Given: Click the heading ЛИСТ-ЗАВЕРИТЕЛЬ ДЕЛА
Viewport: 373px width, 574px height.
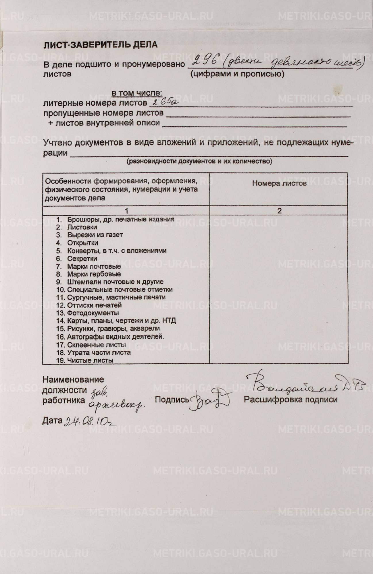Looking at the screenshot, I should point(100,45).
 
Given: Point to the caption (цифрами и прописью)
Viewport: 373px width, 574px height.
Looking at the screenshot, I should point(237,74).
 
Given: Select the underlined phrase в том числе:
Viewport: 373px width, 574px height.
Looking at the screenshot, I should point(137,93).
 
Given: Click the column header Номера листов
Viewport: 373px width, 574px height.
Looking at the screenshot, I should point(279,183).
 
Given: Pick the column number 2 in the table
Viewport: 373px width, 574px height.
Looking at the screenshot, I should point(279,211).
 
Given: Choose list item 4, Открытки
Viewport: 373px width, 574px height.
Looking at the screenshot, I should point(82,243).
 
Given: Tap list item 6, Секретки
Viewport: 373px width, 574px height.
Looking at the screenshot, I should point(82,259).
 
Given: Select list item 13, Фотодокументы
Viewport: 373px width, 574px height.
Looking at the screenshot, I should point(93,313).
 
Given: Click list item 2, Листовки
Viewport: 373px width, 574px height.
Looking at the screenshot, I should point(82,227).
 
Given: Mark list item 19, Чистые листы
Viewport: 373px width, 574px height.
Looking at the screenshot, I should point(90,360).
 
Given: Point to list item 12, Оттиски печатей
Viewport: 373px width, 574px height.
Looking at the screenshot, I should point(94,305).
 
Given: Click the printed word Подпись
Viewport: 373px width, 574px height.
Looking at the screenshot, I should point(172,400).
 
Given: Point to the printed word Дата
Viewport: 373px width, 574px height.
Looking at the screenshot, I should point(52,420).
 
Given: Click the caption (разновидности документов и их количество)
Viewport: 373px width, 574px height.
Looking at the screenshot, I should point(199,161).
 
